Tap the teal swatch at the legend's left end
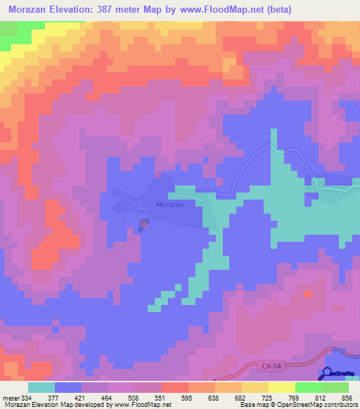pos(41,387)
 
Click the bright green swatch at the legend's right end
pos(335,387)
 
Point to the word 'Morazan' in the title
pos(31,10)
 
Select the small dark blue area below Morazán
pos(143,224)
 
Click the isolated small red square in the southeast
pos(307,292)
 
